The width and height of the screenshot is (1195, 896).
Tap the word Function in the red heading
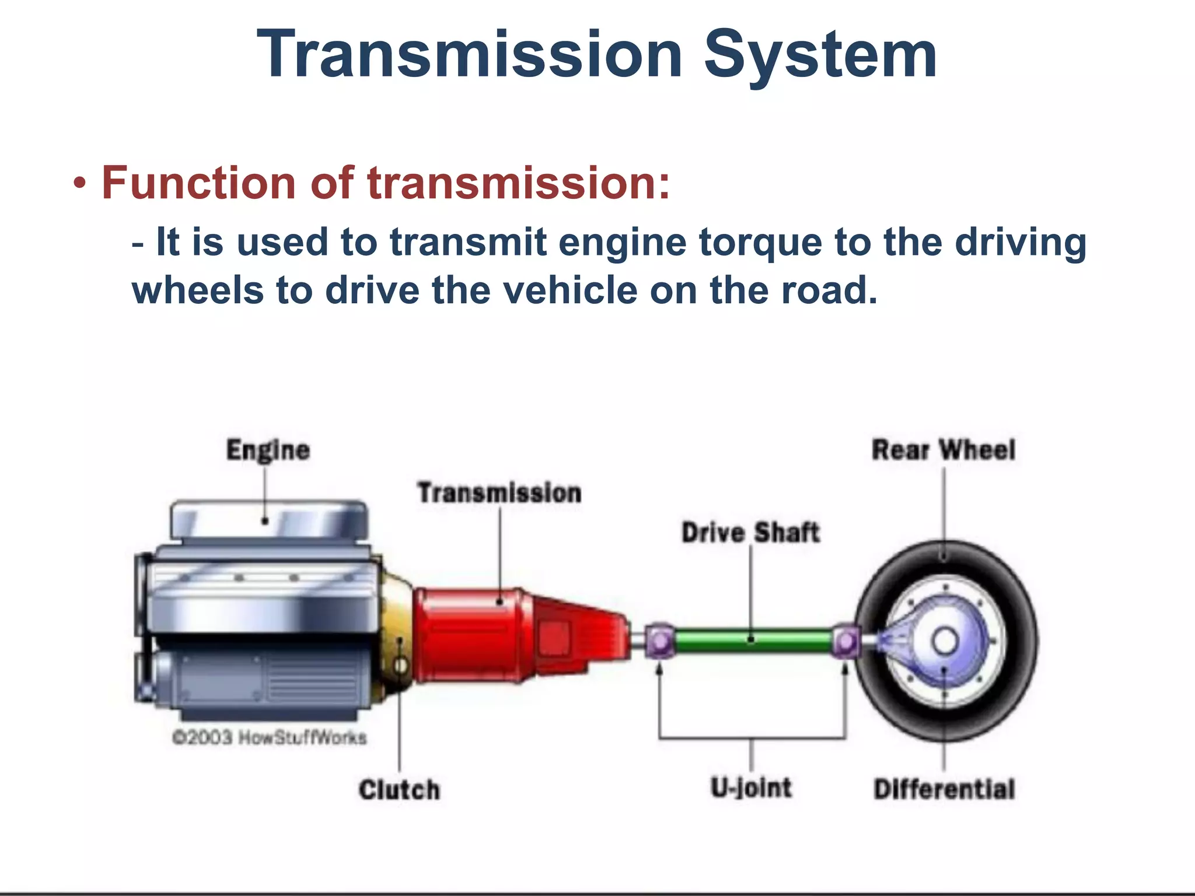tap(199, 183)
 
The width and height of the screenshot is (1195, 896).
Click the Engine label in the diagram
tap(268, 450)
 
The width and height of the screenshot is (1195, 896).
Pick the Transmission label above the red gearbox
tap(499, 493)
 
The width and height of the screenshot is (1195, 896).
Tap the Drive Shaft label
tap(750, 533)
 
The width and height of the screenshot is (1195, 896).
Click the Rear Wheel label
tap(944, 450)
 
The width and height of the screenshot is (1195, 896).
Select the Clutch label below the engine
tap(399, 790)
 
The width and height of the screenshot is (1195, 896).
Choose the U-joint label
tap(751, 787)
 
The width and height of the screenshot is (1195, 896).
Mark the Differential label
tap(944, 789)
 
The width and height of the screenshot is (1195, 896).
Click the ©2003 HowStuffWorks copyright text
tap(269, 737)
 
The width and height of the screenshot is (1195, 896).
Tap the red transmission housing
tap(473, 636)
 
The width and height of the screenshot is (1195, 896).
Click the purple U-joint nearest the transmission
tap(660, 641)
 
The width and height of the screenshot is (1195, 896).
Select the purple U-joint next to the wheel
tap(845, 642)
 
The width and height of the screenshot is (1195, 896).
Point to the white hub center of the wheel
tap(945, 642)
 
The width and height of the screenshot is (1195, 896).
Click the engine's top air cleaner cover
tap(269, 519)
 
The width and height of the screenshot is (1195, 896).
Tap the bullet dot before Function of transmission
tap(80, 184)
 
